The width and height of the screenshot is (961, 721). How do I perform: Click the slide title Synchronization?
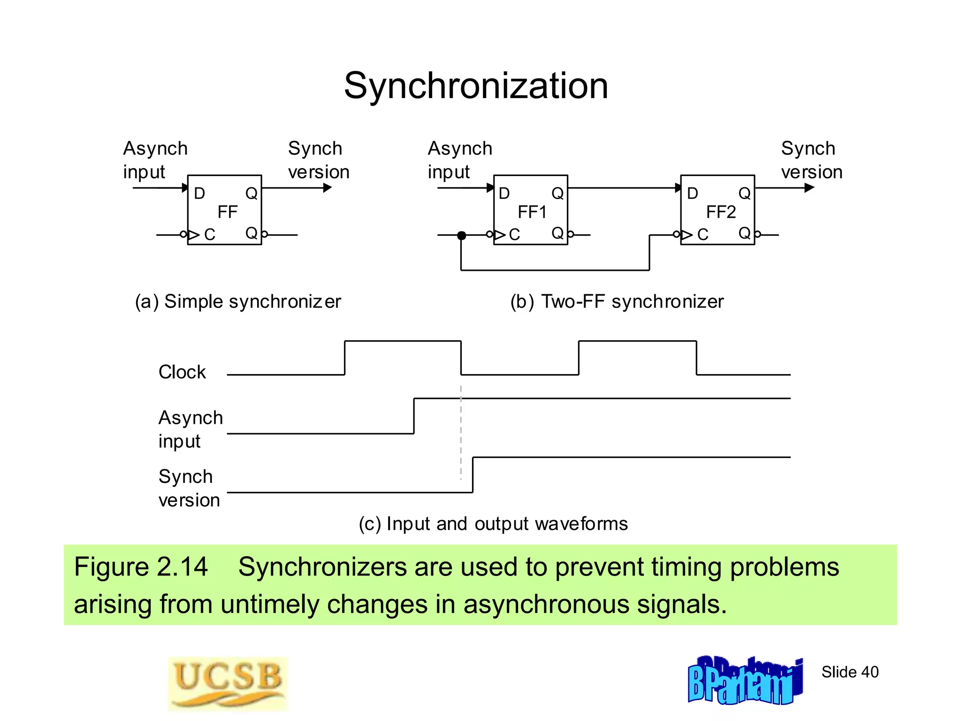(x=476, y=86)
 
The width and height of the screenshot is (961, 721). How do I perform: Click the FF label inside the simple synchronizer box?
(x=228, y=212)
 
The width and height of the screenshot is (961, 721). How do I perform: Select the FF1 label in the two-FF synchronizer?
(x=532, y=212)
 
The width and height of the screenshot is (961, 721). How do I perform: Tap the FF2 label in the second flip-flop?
(x=721, y=212)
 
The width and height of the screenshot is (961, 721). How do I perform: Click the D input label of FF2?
(x=692, y=193)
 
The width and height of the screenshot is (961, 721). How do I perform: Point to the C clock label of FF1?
(x=514, y=234)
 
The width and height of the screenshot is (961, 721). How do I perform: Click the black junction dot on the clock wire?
(x=462, y=235)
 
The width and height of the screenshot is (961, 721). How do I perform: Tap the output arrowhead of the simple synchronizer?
(x=328, y=188)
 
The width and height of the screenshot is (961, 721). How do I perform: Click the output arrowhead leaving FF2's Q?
(x=809, y=188)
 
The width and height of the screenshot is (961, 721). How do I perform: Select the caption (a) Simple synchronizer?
(x=238, y=301)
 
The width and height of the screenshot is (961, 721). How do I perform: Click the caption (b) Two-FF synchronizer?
(x=617, y=301)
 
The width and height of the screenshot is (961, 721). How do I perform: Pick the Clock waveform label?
(x=182, y=372)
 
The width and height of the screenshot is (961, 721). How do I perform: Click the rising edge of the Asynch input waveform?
(x=414, y=416)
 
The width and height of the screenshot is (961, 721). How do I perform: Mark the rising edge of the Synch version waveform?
(x=473, y=475)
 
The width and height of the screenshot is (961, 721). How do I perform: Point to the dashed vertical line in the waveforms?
(x=461, y=432)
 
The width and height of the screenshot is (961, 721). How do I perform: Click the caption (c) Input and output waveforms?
(x=493, y=523)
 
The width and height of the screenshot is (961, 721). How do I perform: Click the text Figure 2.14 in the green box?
(x=141, y=567)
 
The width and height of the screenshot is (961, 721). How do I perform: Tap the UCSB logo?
(x=228, y=683)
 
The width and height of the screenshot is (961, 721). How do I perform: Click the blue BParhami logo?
(x=745, y=681)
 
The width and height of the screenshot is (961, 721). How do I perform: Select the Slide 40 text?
(x=850, y=672)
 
